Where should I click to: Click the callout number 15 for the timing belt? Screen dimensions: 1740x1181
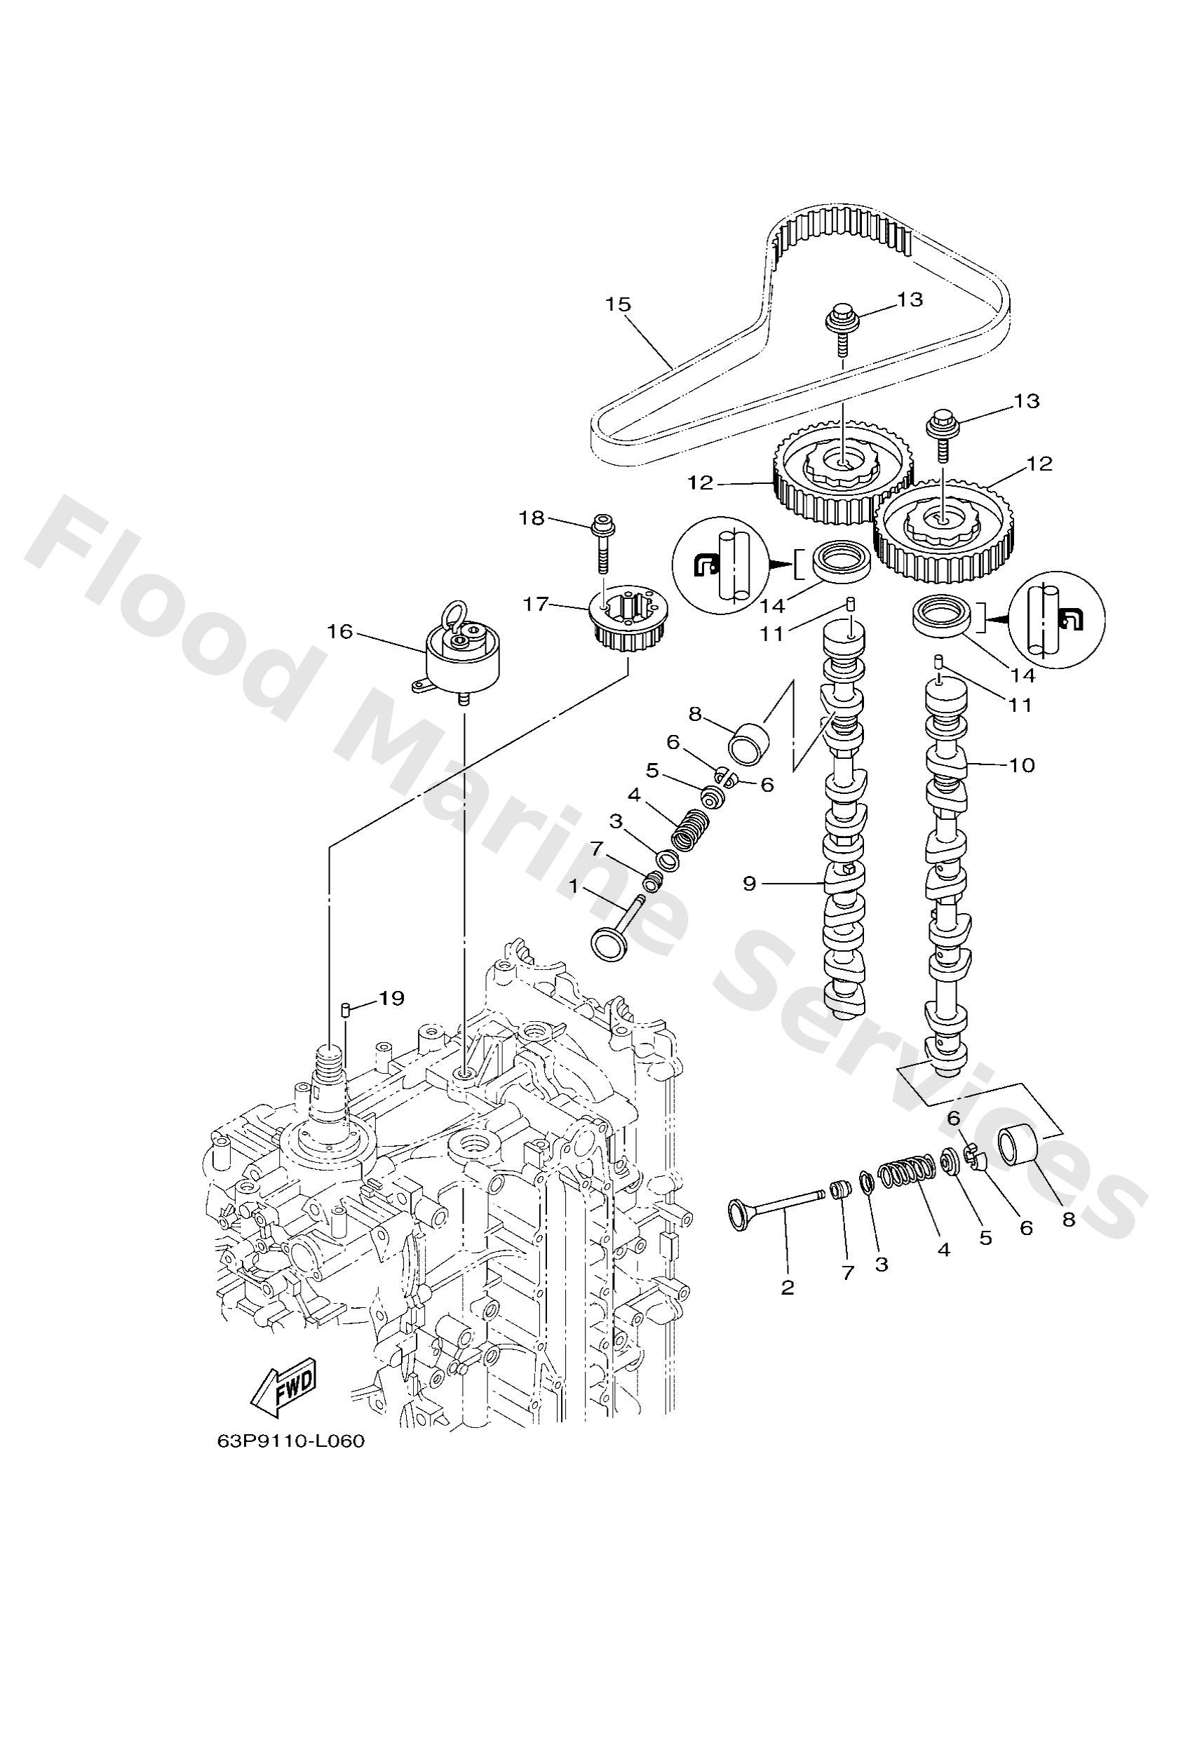[619, 304]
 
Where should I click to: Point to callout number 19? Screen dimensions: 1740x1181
[391, 997]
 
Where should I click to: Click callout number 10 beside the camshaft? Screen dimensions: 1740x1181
[1022, 764]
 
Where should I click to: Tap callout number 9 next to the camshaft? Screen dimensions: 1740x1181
[749, 884]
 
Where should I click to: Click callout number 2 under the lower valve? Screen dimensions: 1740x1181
[786, 1287]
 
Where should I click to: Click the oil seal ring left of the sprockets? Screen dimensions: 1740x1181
[842, 561]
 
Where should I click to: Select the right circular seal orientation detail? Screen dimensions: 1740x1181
[1057, 619]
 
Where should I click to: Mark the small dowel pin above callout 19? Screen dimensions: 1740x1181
[346, 1009]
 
